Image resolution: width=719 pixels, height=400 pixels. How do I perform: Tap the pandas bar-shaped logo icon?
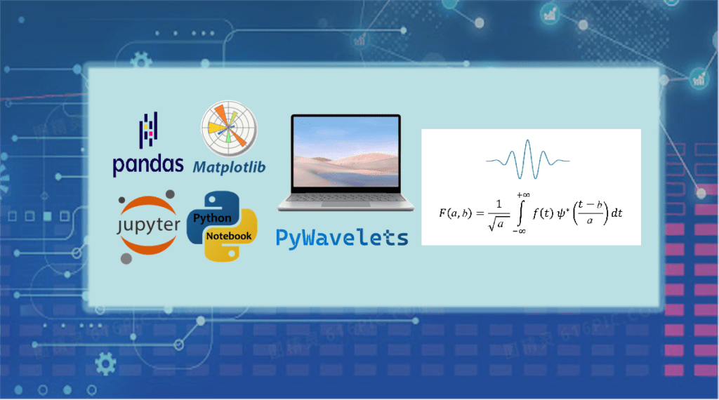point(147,129)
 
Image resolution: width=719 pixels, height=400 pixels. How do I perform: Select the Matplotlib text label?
point(230,167)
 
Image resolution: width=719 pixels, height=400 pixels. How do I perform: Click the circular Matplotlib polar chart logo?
point(229,129)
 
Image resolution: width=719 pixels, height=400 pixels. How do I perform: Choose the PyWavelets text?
point(342,236)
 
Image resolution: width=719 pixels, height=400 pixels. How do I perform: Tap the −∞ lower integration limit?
point(520,232)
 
